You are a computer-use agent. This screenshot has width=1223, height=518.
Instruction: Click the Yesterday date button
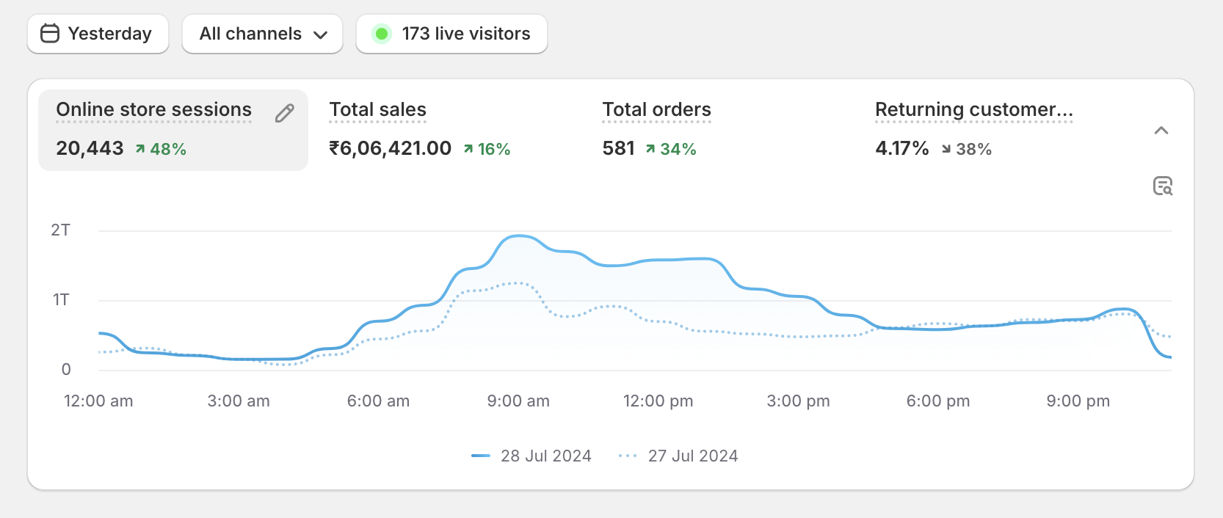(98, 34)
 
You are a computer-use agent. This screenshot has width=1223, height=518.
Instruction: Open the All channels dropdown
(262, 34)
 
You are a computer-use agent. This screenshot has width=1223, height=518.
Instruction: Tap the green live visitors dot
(382, 34)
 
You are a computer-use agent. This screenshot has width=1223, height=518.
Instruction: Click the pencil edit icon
(285, 113)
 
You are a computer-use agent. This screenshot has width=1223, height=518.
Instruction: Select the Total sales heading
(377, 109)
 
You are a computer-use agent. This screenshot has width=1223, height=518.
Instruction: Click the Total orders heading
(656, 109)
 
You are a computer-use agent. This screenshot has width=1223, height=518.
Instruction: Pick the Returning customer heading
(973, 109)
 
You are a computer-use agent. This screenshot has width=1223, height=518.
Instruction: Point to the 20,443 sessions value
(90, 148)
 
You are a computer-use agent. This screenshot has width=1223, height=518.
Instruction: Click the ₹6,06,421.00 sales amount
(390, 148)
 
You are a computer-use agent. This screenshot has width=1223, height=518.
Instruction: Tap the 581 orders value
(618, 148)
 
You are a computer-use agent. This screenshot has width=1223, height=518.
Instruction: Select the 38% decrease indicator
(967, 149)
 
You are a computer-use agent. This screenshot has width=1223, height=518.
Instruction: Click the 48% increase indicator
(161, 149)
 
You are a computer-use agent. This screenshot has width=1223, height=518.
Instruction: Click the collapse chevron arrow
(1161, 131)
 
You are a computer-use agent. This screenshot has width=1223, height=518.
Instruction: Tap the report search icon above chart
(1163, 186)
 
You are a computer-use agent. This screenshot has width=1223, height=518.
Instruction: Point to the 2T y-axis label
(61, 230)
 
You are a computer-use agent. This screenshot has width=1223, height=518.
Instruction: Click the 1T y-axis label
(61, 299)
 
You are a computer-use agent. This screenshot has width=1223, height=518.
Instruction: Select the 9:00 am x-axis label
(518, 401)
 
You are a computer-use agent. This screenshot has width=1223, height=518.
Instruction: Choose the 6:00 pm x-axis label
(938, 401)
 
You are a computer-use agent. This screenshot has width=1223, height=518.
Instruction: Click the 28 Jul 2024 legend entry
(531, 456)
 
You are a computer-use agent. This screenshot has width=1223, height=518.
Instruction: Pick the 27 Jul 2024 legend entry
(678, 456)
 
